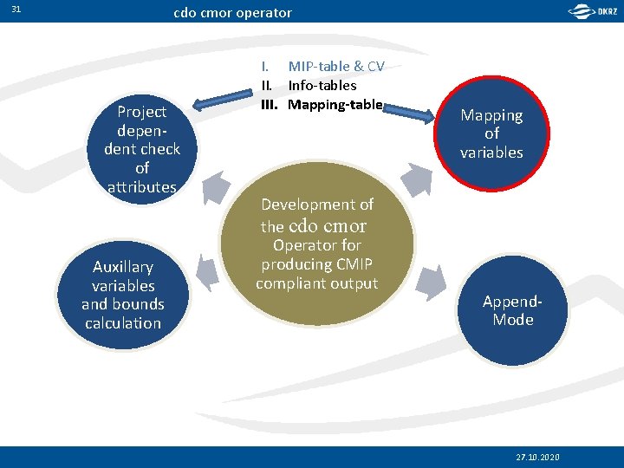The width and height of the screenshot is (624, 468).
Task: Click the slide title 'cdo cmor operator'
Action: point(232,13)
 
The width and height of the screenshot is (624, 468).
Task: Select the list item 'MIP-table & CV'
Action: point(336,67)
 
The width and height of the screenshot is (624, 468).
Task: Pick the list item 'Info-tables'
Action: point(322,86)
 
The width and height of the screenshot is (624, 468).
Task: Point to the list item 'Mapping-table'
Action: point(335,105)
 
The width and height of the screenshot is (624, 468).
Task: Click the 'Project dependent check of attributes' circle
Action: point(142,148)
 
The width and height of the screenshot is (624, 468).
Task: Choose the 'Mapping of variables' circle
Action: point(491,134)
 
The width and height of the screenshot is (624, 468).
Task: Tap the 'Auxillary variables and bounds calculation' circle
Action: point(123,295)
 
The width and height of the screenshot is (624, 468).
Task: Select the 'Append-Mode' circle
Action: point(512,310)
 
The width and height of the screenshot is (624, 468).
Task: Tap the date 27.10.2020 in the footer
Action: point(537,457)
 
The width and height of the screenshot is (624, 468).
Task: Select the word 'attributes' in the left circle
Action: point(142,186)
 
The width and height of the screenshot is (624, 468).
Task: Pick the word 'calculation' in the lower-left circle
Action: point(123,323)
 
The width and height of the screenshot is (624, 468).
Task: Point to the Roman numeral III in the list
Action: point(269,105)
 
